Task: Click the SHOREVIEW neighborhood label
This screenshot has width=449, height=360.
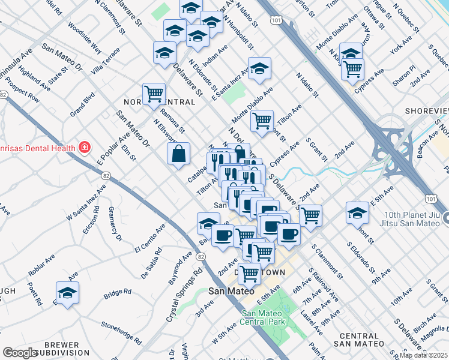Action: coord(426,111)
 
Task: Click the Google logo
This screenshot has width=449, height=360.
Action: coord(19,353)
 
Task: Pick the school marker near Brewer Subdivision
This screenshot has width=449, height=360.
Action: coord(67,293)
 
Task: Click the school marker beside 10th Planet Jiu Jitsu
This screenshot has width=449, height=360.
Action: coord(357,213)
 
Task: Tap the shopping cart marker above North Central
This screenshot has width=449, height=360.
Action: coord(154,94)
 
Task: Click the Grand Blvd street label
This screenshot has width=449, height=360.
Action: coord(82,104)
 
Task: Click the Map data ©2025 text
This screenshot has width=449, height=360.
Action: coord(423,355)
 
